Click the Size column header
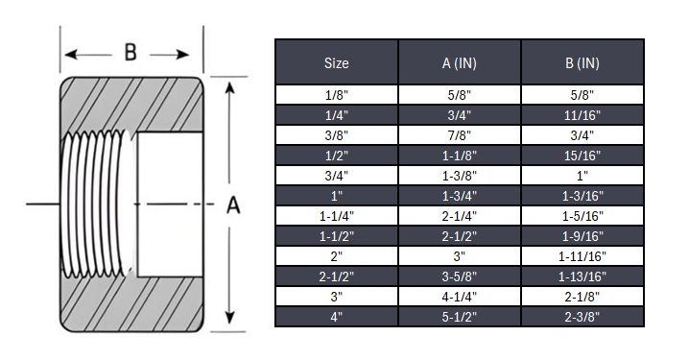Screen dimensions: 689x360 (x=336, y=63)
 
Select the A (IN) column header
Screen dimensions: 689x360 (x=460, y=63)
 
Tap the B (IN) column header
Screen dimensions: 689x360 (x=582, y=63)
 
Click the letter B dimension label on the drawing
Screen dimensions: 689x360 (x=131, y=52)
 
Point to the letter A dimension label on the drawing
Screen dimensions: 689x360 (x=231, y=204)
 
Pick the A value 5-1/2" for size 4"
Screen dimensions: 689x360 (x=460, y=316)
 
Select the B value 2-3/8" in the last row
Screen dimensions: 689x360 (x=582, y=316)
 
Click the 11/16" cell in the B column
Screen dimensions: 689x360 (x=582, y=115)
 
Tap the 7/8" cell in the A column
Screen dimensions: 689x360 (x=460, y=135)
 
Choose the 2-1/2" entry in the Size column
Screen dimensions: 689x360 (x=336, y=276)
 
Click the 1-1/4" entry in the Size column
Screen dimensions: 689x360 (x=336, y=215)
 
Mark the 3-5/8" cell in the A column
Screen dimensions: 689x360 (x=460, y=276)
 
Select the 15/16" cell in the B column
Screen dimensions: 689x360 (x=582, y=156)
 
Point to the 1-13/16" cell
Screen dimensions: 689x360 (x=582, y=276)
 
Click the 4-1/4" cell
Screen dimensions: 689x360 (x=460, y=296)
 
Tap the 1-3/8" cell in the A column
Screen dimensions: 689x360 (x=460, y=176)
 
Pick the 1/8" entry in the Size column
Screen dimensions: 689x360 (x=336, y=95)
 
